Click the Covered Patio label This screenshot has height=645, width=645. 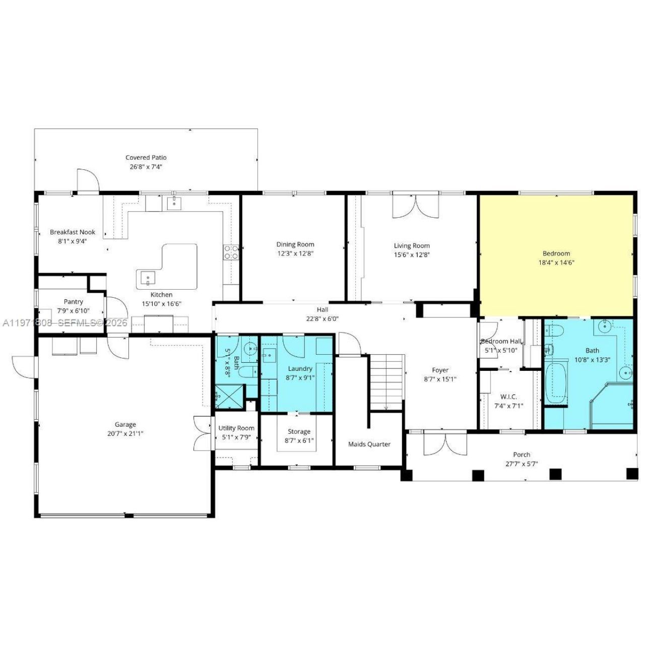coord(146,158)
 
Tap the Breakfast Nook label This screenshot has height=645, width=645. coord(73,232)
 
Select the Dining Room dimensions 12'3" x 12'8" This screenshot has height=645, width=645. coord(295,253)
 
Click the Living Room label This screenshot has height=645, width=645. coord(412,246)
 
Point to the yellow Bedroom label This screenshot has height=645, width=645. coord(556,253)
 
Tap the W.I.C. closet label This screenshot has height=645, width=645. coord(508,397)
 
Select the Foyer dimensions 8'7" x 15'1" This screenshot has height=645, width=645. coord(440,379)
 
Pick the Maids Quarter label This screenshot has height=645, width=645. coord(369,444)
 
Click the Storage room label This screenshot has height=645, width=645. coord(299,432)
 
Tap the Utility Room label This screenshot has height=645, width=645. coord(236,428)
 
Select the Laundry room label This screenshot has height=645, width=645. coord(300,369)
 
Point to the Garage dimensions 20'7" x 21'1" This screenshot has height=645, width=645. coord(125,433)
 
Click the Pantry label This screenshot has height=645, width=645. coord(73,302)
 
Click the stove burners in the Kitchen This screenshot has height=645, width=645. coord(231,252)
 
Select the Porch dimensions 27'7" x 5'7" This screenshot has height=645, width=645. coord(522,464)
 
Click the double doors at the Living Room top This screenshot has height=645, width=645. coord(415,206)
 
